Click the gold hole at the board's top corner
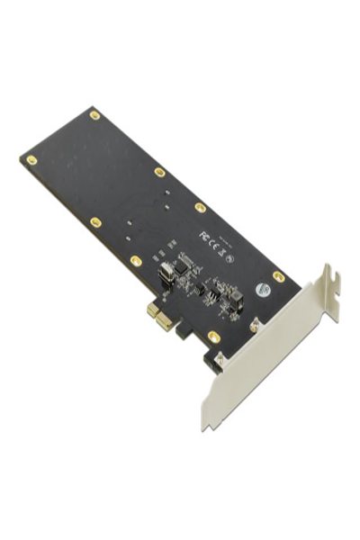click(x=94, y=115)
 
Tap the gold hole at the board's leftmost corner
click(x=31, y=160)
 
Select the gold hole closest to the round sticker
click(x=278, y=276)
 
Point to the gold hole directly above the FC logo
click(x=200, y=207)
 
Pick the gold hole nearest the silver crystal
click(x=136, y=261)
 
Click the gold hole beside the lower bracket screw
click(x=214, y=336)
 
